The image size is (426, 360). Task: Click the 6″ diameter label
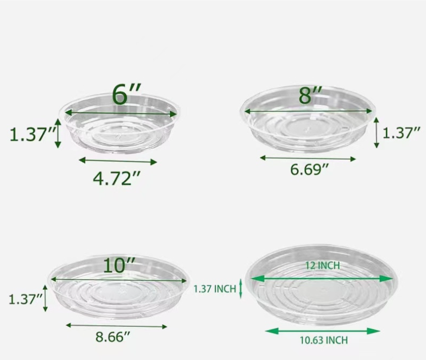pyautogui.click(x=127, y=94)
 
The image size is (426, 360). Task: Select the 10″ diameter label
pyautogui.click(x=120, y=265)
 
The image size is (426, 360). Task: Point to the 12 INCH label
pyautogui.click(x=323, y=265)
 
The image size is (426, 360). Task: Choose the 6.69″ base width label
pyautogui.click(x=310, y=169)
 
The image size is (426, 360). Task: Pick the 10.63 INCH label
pyautogui.click(x=324, y=340)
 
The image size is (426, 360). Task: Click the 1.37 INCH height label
pyautogui.click(x=215, y=289)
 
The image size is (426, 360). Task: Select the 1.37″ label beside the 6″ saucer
pyautogui.click(x=33, y=134)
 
